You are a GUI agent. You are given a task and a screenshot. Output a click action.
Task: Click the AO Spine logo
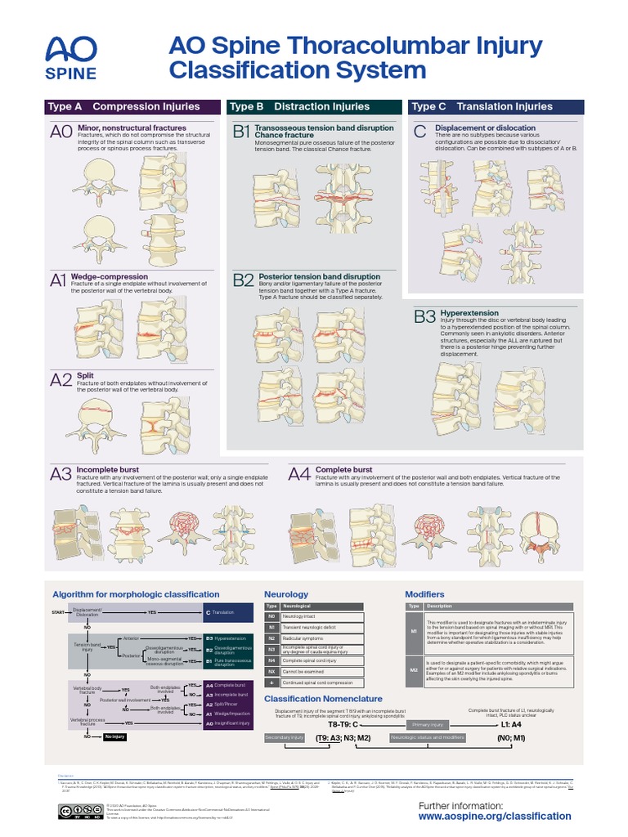[71, 57]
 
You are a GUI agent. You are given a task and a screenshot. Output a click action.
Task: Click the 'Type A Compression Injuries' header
[123, 106]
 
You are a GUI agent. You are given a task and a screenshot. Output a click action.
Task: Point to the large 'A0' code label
[61, 132]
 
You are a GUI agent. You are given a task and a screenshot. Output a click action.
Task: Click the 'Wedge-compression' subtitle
[110, 277]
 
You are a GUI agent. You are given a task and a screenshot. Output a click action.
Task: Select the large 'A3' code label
[61, 474]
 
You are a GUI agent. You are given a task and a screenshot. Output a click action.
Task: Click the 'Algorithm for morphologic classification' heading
[136, 594]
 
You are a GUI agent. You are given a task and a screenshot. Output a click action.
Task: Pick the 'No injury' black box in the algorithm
[114, 736]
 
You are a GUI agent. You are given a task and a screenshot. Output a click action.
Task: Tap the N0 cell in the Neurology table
[271, 616]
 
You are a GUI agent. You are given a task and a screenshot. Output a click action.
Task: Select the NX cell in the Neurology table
[271, 671]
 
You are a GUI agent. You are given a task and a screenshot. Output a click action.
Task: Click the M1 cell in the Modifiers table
[414, 632]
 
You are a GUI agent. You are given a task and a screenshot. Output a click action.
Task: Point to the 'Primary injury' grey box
[428, 725]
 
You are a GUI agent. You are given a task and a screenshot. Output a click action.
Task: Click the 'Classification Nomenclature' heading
[323, 699]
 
